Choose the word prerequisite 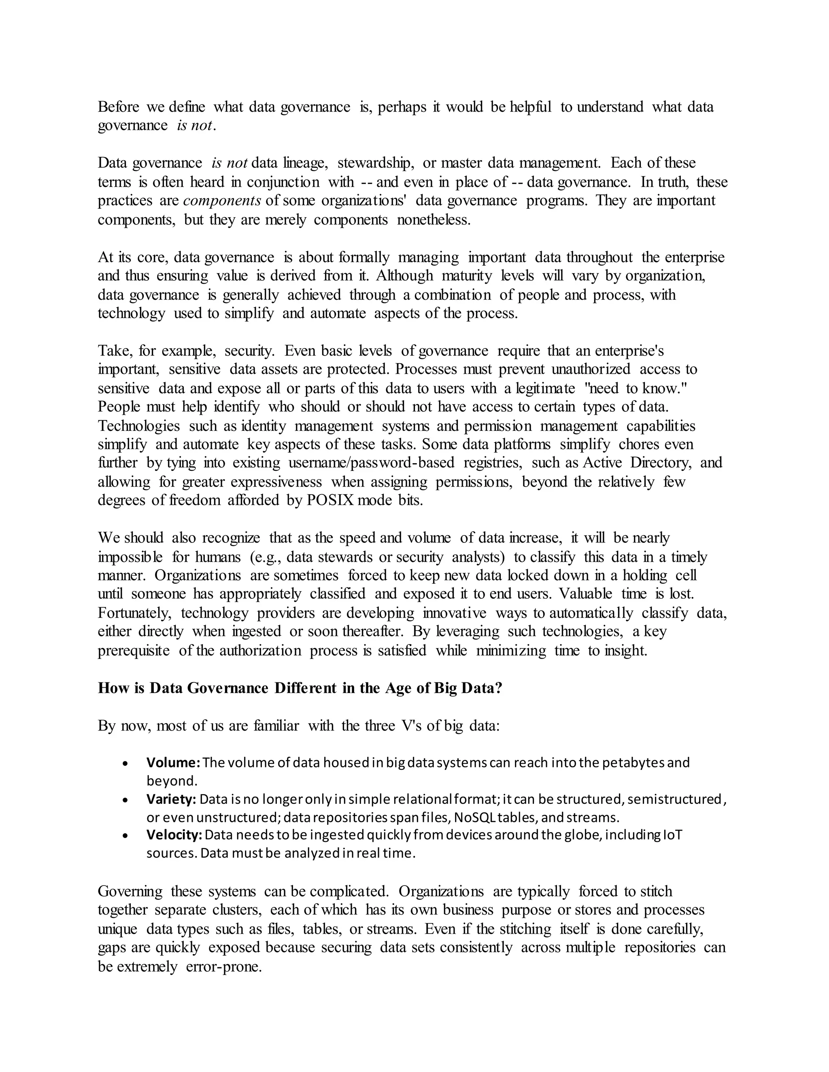click(x=134, y=650)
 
